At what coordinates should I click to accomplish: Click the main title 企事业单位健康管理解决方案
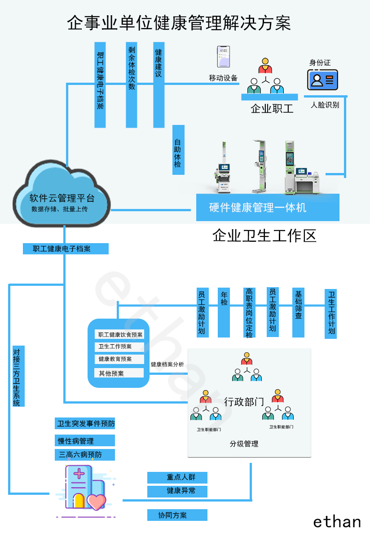pyautogui.click(x=179, y=22)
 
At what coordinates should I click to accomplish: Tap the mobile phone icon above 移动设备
pyautogui.click(x=223, y=57)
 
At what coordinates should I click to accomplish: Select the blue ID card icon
pyautogui.click(x=322, y=80)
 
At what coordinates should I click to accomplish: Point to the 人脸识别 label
pyautogui.click(x=325, y=105)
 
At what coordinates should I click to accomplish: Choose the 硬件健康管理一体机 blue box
pyautogui.click(x=268, y=208)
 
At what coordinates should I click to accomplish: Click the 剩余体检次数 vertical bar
pyautogui.click(x=132, y=84)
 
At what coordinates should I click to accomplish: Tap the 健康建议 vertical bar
pyautogui.click(x=159, y=84)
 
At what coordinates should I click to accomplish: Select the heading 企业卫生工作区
pyautogui.click(x=264, y=235)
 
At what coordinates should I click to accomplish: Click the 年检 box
pyautogui.click(x=224, y=312)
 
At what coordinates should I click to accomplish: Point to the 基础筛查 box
pyautogui.click(x=298, y=312)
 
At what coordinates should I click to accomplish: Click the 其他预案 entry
pyautogui.click(x=119, y=373)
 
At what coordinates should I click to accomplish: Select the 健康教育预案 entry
pyautogui.click(x=119, y=359)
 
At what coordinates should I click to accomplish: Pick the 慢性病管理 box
pyautogui.click(x=84, y=440)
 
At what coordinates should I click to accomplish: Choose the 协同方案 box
pyautogui.click(x=177, y=515)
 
